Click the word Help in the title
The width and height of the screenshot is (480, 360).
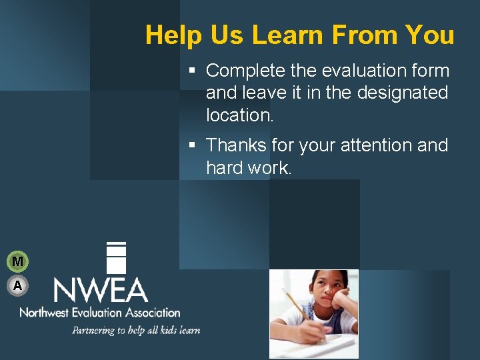coord(169,35)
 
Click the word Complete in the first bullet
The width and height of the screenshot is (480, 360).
coord(246,71)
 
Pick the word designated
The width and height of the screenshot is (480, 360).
coord(403,93)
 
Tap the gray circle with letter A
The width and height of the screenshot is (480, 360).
coord(17,285)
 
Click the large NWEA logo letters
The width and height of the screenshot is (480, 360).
coord(100,290)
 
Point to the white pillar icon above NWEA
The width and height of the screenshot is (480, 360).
coord(116,257)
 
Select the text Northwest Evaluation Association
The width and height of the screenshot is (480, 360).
coord(100,312)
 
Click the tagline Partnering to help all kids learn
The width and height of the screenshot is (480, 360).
coord(136,330)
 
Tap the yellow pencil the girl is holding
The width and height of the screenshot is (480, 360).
coord(297,307)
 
